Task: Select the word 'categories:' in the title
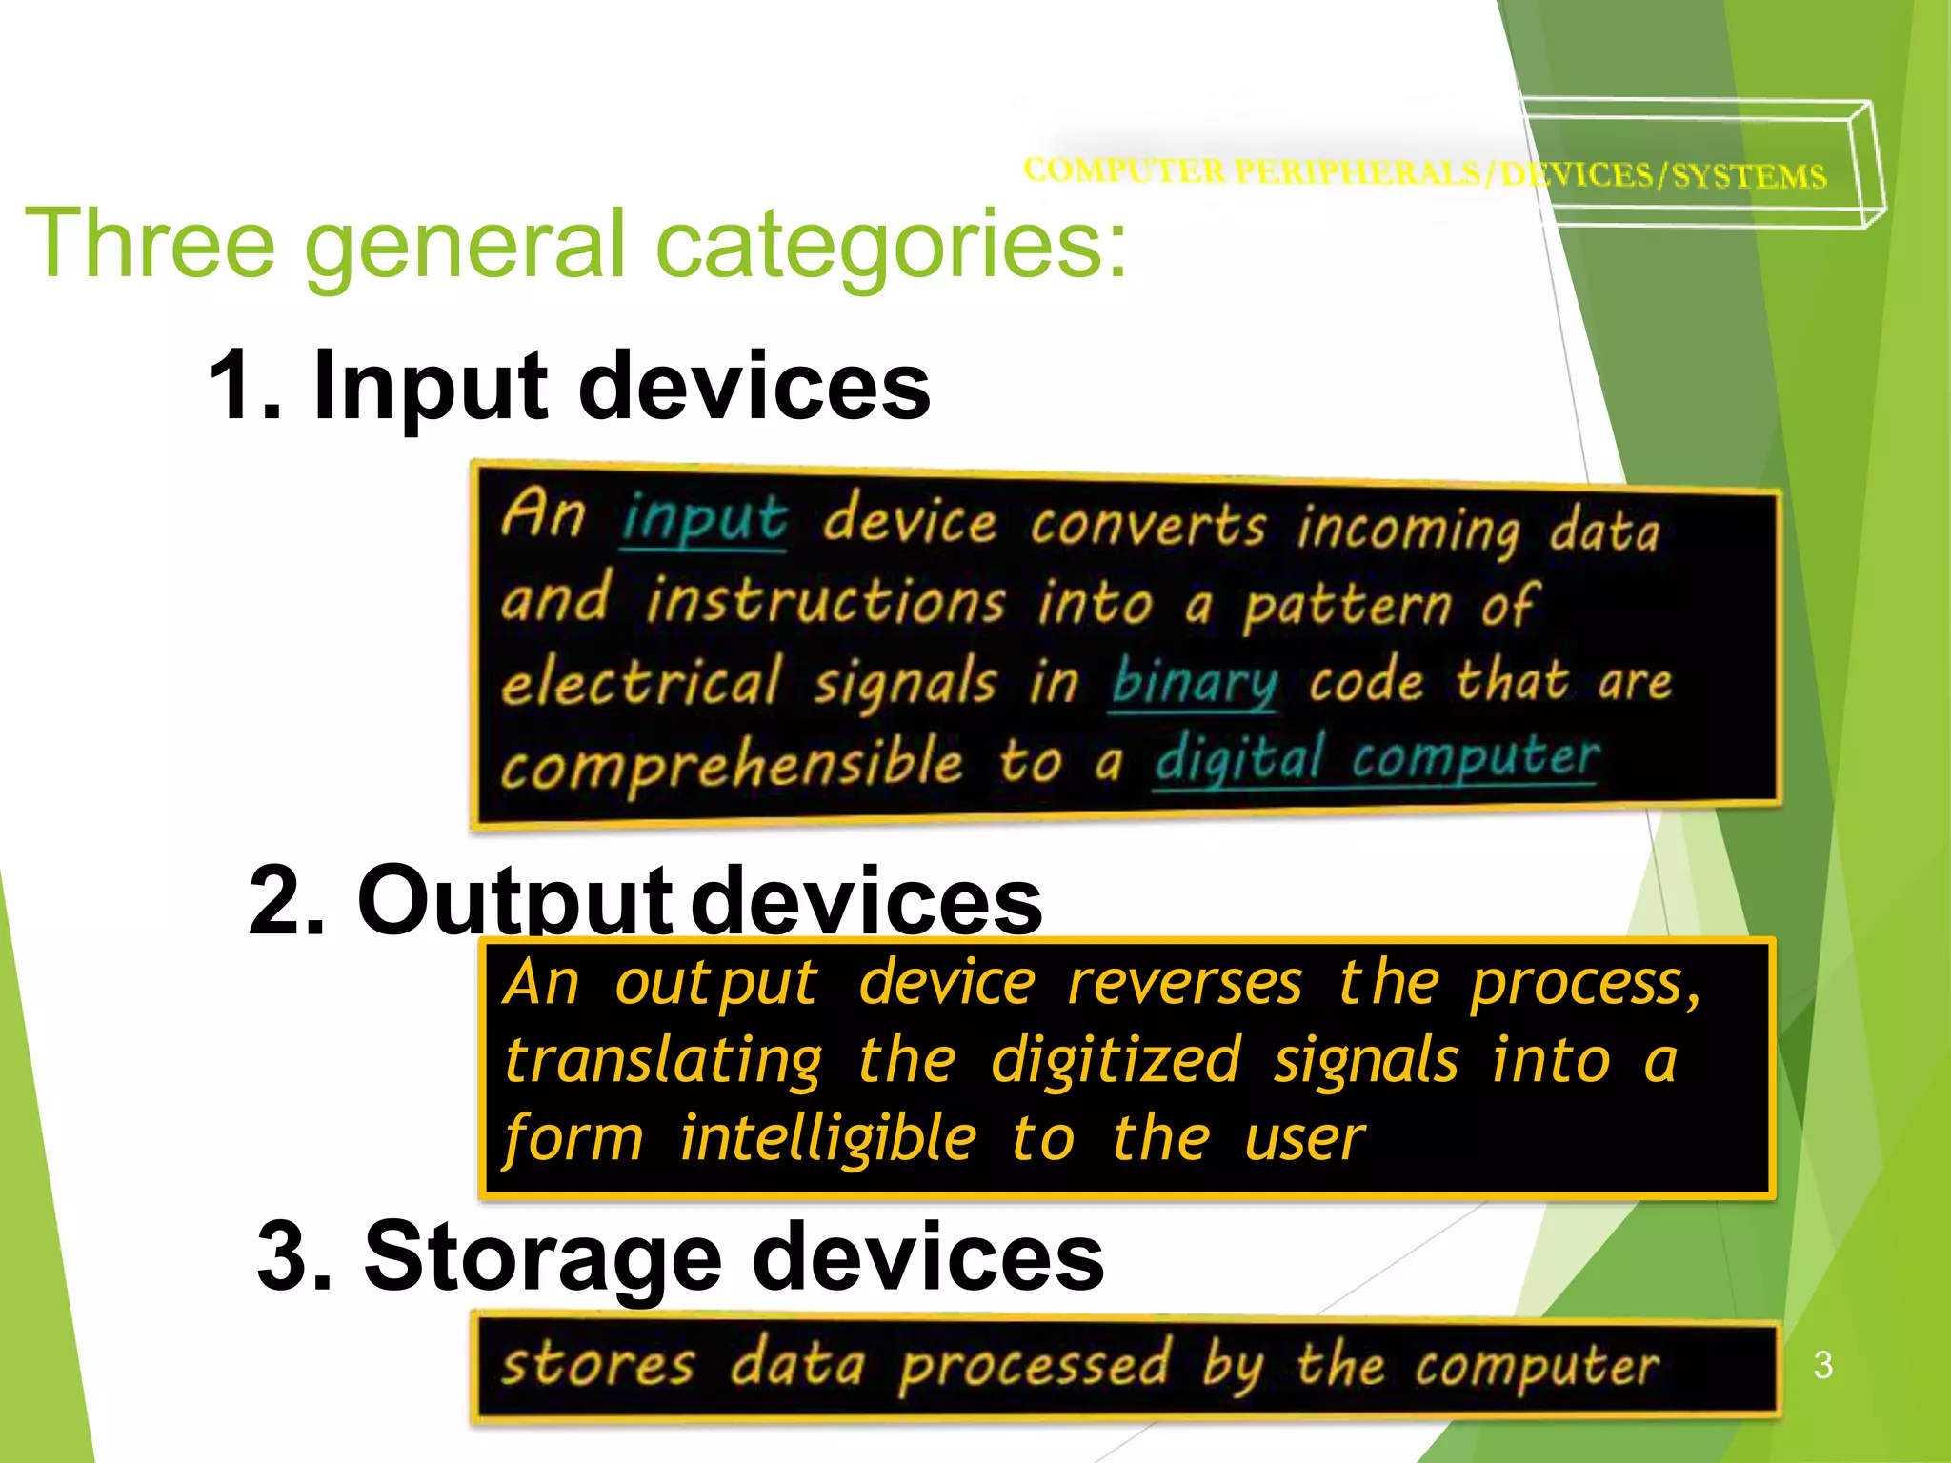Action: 891,246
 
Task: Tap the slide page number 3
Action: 1822,1365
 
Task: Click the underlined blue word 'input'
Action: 704,520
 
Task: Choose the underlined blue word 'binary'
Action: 1194,682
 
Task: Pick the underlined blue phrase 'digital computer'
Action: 1377,759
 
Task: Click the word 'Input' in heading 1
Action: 430,385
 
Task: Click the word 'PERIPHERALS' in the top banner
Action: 1358,171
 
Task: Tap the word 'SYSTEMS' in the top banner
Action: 1749,176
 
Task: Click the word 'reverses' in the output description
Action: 1184,983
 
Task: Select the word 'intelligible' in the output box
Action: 828,1138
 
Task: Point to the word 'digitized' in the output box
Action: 1116,1061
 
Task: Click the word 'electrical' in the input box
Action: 641,683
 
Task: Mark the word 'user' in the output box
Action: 1304,1138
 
